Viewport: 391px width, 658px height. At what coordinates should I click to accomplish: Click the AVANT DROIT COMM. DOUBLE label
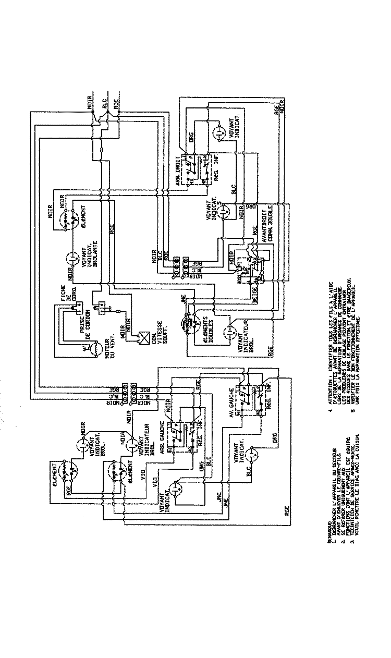tap(267, 237)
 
